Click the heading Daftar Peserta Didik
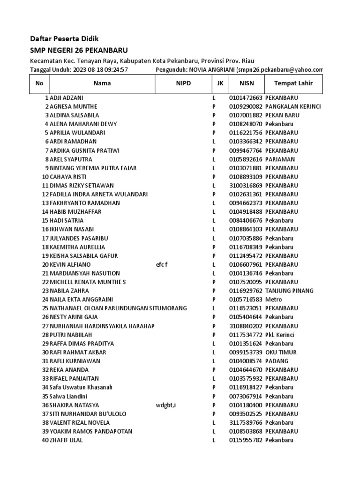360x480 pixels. click(x=64, y=38)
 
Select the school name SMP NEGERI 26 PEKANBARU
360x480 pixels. click(x=79, y=51)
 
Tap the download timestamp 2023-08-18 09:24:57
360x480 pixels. click(x=100, y=70)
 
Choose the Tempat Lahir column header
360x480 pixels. click(x=293, y=84)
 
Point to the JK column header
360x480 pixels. click(x=220, y=84)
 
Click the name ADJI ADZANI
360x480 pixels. click(x=66, y=97)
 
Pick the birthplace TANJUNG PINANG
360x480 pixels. click(x=289, y=291)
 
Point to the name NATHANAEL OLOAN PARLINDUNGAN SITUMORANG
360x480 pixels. click(x=118, y=308)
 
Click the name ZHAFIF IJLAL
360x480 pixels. click(x=66, y=441)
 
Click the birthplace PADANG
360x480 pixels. click(x=277, y=361)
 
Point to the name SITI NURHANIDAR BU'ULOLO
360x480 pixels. click(x=88, y=414)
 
